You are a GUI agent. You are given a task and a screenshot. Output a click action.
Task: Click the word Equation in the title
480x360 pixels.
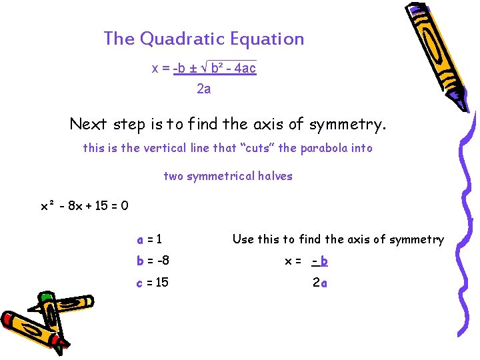pos(267,39)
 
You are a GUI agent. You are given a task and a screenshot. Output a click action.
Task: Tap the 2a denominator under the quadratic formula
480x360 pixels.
pos(204,89)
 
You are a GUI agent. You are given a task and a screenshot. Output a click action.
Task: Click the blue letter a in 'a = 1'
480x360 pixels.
pos(140,239)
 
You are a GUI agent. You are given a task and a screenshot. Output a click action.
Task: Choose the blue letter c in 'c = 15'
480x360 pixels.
pos(139,283)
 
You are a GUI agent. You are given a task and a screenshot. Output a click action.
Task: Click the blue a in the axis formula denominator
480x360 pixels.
pos(324,283)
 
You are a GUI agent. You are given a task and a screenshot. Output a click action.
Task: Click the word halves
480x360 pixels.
pos(276,176)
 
